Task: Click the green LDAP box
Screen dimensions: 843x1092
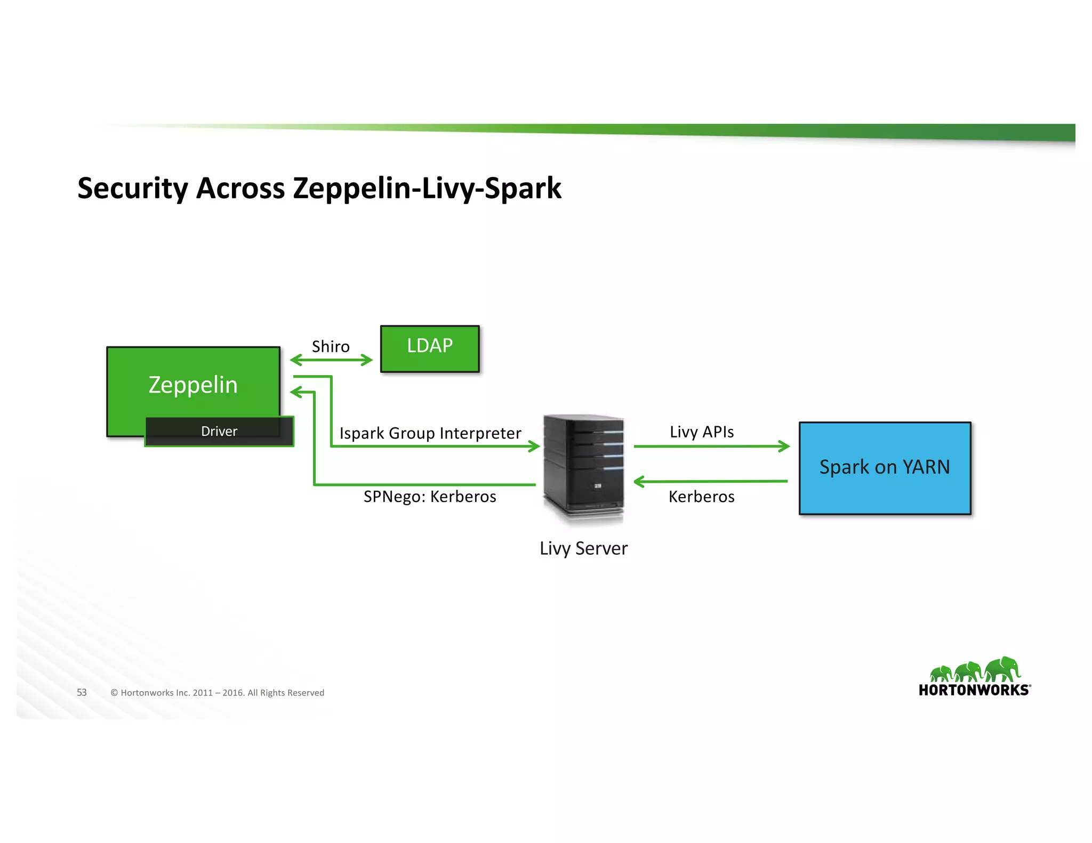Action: (430, 348)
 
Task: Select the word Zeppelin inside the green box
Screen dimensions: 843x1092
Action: (193, 385)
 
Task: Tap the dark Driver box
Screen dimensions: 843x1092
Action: (219, 431)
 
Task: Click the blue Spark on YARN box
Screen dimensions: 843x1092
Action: (885, 468)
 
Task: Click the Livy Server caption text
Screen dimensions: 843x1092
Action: (583, 548)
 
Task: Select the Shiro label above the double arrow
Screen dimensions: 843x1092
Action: (331, 346)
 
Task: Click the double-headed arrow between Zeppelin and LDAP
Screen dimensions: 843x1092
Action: (331, 360)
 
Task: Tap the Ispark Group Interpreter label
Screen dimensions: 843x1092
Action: (430, 433)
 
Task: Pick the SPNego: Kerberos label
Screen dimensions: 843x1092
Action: (430, 497)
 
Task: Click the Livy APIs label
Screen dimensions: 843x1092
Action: (702, 432)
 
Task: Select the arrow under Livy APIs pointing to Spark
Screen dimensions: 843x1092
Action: (712, 446)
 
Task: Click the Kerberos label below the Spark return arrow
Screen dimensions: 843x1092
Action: (702, 497)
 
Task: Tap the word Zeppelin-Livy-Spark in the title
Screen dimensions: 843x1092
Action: (427, 188)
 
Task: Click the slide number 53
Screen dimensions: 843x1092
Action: (82, 692)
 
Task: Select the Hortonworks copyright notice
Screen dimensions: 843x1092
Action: (217, 693)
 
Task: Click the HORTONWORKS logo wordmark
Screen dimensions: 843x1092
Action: (974, 690)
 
